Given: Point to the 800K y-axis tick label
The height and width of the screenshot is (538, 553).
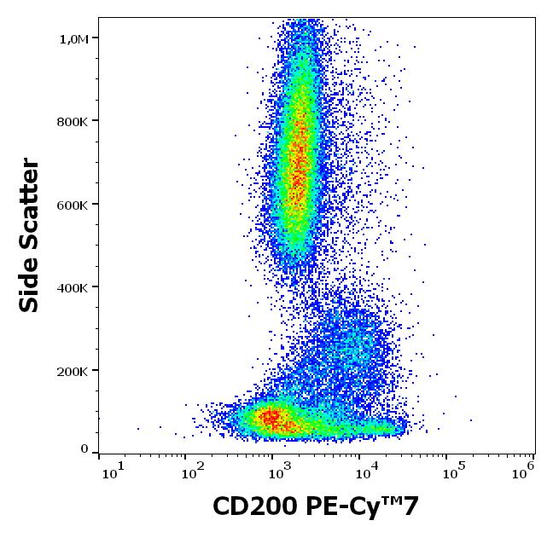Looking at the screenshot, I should click(73, 121).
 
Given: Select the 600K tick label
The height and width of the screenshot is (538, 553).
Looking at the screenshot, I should click(73, 205).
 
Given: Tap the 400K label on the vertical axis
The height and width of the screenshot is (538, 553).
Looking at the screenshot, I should click(73, 288).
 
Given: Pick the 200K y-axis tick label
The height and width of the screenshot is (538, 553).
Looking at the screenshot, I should click(73, 372).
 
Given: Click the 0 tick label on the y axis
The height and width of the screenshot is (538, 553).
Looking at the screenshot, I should click(84, 448).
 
